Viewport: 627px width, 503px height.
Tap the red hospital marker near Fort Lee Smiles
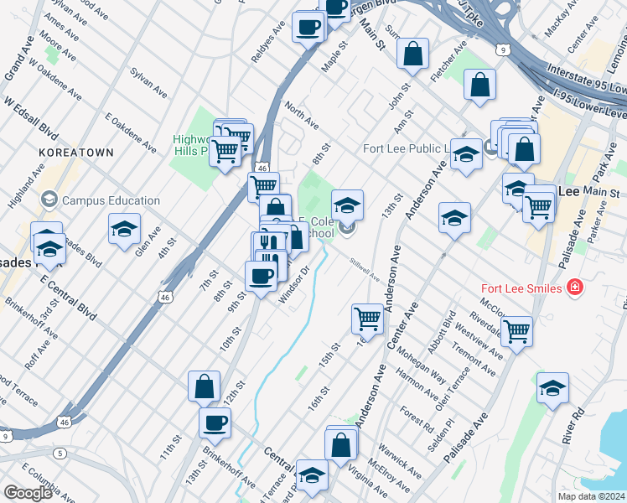pos(575,288)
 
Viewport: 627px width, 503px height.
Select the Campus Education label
pos(111,200)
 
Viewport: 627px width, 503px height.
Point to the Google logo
pos(28,493)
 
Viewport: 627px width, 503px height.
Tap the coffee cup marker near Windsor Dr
pos(261,276)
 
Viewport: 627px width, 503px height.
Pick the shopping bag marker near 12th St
pos(204,386)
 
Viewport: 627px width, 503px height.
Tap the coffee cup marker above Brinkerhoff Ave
pos(215,423)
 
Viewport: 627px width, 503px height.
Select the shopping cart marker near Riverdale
pos(516,330)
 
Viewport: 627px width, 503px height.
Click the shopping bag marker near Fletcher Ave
pos(479,85)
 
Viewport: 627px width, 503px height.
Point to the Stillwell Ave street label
pos(365,270)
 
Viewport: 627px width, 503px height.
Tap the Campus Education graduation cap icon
pos(49,200)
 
